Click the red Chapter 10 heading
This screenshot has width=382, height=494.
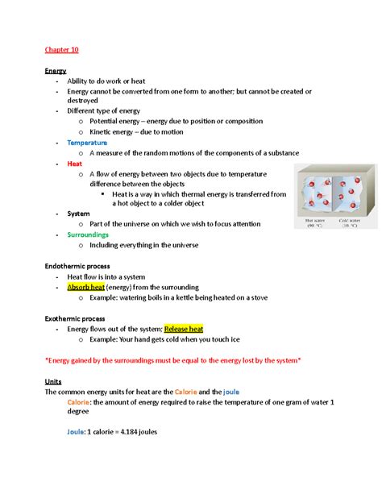(61, 50)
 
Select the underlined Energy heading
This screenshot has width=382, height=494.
(56, 71)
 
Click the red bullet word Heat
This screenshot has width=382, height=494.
(75, 163)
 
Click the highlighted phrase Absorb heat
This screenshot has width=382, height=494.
(86, 286)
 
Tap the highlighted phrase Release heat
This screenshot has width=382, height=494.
(184, 328)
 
